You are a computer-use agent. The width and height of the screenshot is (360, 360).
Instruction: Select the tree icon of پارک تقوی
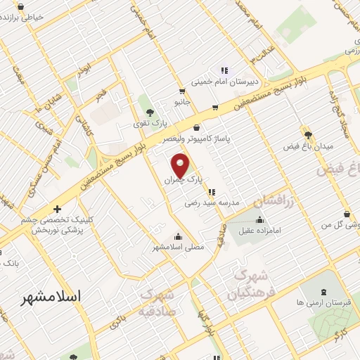click(148, 111)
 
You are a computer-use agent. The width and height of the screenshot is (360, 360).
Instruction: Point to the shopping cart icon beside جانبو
click(182, 91)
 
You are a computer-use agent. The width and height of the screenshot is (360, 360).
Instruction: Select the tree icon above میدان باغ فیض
click(307, 132)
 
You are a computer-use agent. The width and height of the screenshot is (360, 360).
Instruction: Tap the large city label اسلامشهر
click(52, 297)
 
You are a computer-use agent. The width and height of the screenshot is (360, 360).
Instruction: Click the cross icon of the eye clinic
click(58, 209)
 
